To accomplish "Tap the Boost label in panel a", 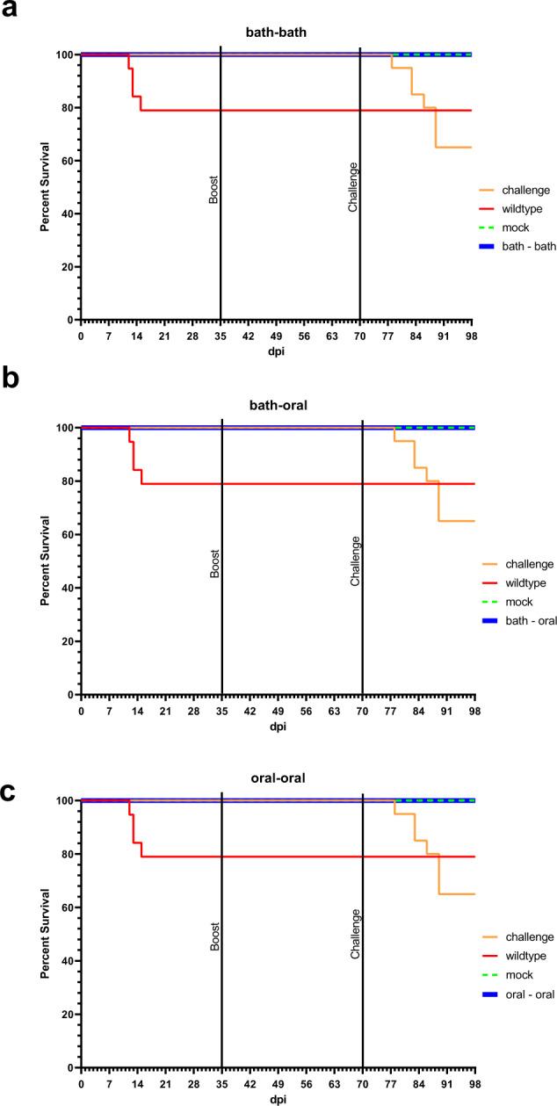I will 213,188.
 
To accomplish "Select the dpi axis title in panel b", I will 277,726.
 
